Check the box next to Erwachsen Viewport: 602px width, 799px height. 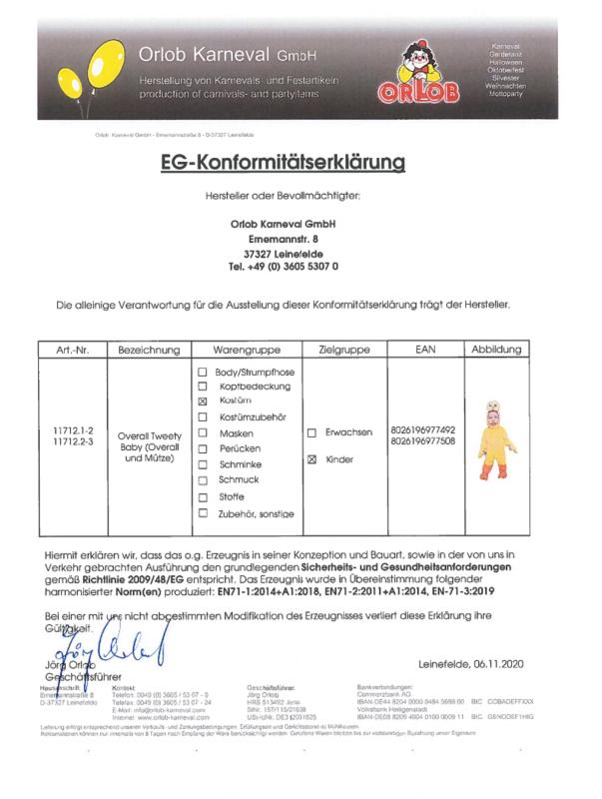[x=311, y=432]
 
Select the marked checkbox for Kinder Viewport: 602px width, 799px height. [x=311, y=459]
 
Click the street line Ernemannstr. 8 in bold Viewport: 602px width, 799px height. [x=283, y=240]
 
